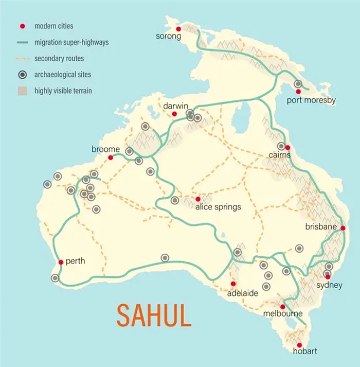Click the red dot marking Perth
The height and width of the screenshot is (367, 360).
(x=61, y=262)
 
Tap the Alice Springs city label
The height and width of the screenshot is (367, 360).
(x=218, y=207)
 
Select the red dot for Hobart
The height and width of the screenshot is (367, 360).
(x=299, y=345)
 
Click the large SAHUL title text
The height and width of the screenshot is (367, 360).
(x=154, y=316)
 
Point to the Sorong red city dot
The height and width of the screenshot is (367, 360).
(x=178, y=29)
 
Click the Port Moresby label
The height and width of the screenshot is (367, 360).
(x=311, y=100)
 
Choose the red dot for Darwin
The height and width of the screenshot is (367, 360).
(x=174, y=114)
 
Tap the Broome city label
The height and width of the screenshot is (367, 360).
(x=105, y=149)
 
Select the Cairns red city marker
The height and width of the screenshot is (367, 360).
(x=288, y=148)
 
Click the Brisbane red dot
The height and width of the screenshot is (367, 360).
(x=343, y=228)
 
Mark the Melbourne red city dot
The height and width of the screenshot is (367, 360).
(x=282, y=307)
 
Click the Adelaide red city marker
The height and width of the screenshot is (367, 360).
(x=233, y=284)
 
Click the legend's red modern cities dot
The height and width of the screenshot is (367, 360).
(x=22, y=26)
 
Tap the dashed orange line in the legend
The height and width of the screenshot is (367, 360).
(x=22, y=59)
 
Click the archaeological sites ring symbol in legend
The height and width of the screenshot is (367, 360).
(x=22, y=75)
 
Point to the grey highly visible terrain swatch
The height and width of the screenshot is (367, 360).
(x=22, y=92)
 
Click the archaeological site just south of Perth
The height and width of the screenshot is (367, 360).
(x=55, y=278)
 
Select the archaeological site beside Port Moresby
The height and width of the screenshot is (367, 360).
(x=298, y=84)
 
